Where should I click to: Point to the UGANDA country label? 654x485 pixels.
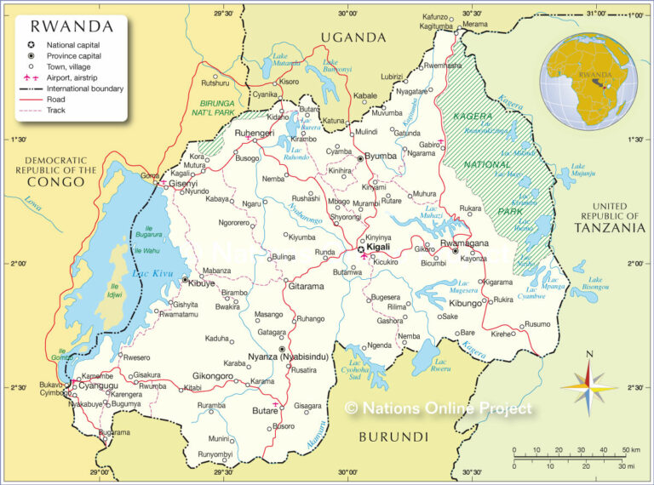pyautogui.click(x=353, y=37)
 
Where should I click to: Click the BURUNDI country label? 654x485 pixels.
pyautogui.click(x=393, y=436)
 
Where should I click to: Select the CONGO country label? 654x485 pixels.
pyautogui.click(x=61, y=182)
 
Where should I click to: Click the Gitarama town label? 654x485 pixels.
pyautogui.click(x=306, y=286)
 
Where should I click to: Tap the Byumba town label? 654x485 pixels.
pyautogui.click(x=381, y=156)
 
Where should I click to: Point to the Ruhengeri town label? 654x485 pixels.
pyautogui.click(x=253, y=134)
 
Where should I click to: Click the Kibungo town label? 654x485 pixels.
pyautogui.click(x=466, y=303)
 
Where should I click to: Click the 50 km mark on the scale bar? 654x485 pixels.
pyautogui.click(x=631, y=449)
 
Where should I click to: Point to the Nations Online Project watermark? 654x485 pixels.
pyautogui.click(x=439, y=408)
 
